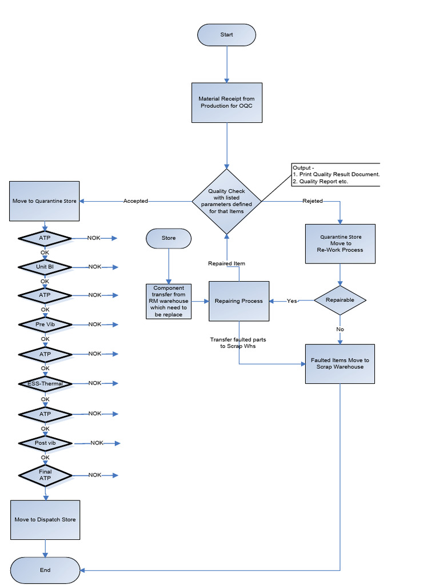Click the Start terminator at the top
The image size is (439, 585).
226,35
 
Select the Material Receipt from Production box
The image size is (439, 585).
226,102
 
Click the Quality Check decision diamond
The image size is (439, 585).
226,201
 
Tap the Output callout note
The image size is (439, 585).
336,174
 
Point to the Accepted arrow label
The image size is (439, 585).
135,201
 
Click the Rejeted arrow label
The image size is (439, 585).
313,201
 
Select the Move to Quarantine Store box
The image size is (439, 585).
45,201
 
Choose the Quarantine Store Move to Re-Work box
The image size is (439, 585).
340,243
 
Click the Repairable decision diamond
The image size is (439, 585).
340,300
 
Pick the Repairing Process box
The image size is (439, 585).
238,301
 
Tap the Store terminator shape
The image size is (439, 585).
169,238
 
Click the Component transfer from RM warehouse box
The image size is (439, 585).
169,301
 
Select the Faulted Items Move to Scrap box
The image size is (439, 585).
340,364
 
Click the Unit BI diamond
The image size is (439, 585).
45,267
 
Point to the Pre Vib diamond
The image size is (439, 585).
45,324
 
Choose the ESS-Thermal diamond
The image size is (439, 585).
45,383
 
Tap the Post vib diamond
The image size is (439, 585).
45,443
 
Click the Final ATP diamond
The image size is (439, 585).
45,475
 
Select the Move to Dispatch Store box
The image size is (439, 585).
45,520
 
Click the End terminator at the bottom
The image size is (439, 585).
45,570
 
